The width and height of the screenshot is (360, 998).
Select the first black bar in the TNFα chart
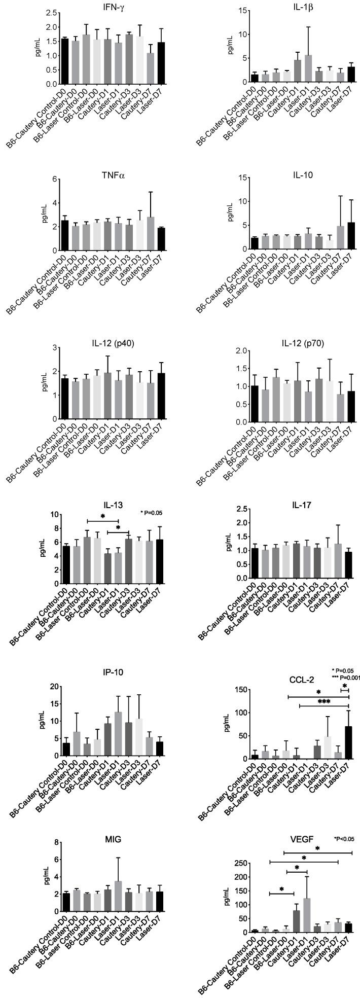[65, 235]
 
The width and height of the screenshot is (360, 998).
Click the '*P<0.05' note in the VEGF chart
[347, 839]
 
